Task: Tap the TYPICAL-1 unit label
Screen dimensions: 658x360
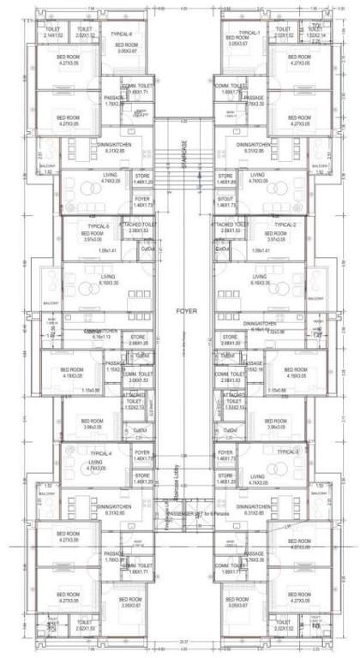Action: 248,33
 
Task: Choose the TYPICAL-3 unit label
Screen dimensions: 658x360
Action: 287,451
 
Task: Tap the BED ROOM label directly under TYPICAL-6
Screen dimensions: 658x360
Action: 126,47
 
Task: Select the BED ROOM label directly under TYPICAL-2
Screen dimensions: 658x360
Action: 274,236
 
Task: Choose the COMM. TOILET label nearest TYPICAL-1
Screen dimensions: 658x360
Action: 231,88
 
